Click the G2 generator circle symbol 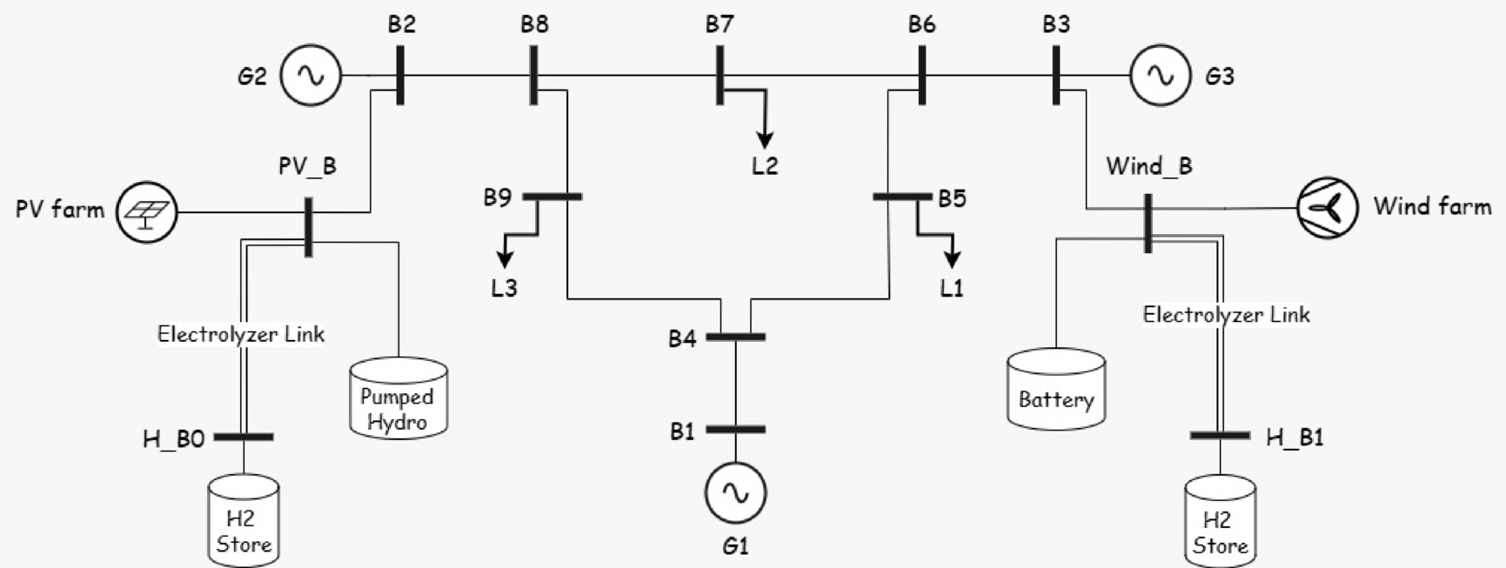coord(310,76)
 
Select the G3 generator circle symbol coord(1160,76)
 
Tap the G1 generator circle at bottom coord(735,492)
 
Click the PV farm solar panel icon coord(146,211)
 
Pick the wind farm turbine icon coord(1327,207)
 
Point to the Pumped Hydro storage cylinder coord(398,398)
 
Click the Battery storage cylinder coord(1056,389)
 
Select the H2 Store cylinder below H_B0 coord(244,520)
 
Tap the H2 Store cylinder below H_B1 coord(1220,522)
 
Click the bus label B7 coord(720,24)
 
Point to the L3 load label coord(504,288)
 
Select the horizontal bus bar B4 coord(735,337)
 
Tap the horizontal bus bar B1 coord(735,430)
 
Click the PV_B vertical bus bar coord(308,227)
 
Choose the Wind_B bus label coord(1148,166)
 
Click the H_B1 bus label coord(1294,438)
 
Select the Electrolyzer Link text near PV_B coord(241,334)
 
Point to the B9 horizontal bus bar coord(552,197)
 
